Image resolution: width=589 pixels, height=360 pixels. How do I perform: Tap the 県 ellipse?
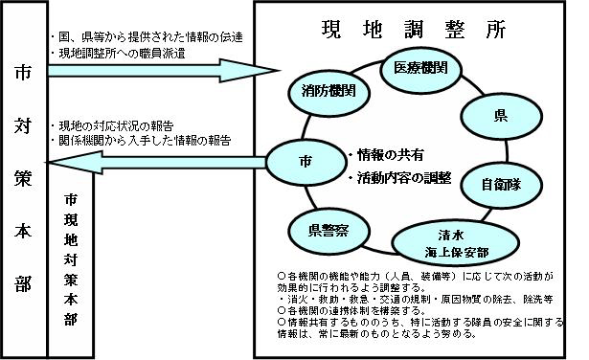coord(499,117)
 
